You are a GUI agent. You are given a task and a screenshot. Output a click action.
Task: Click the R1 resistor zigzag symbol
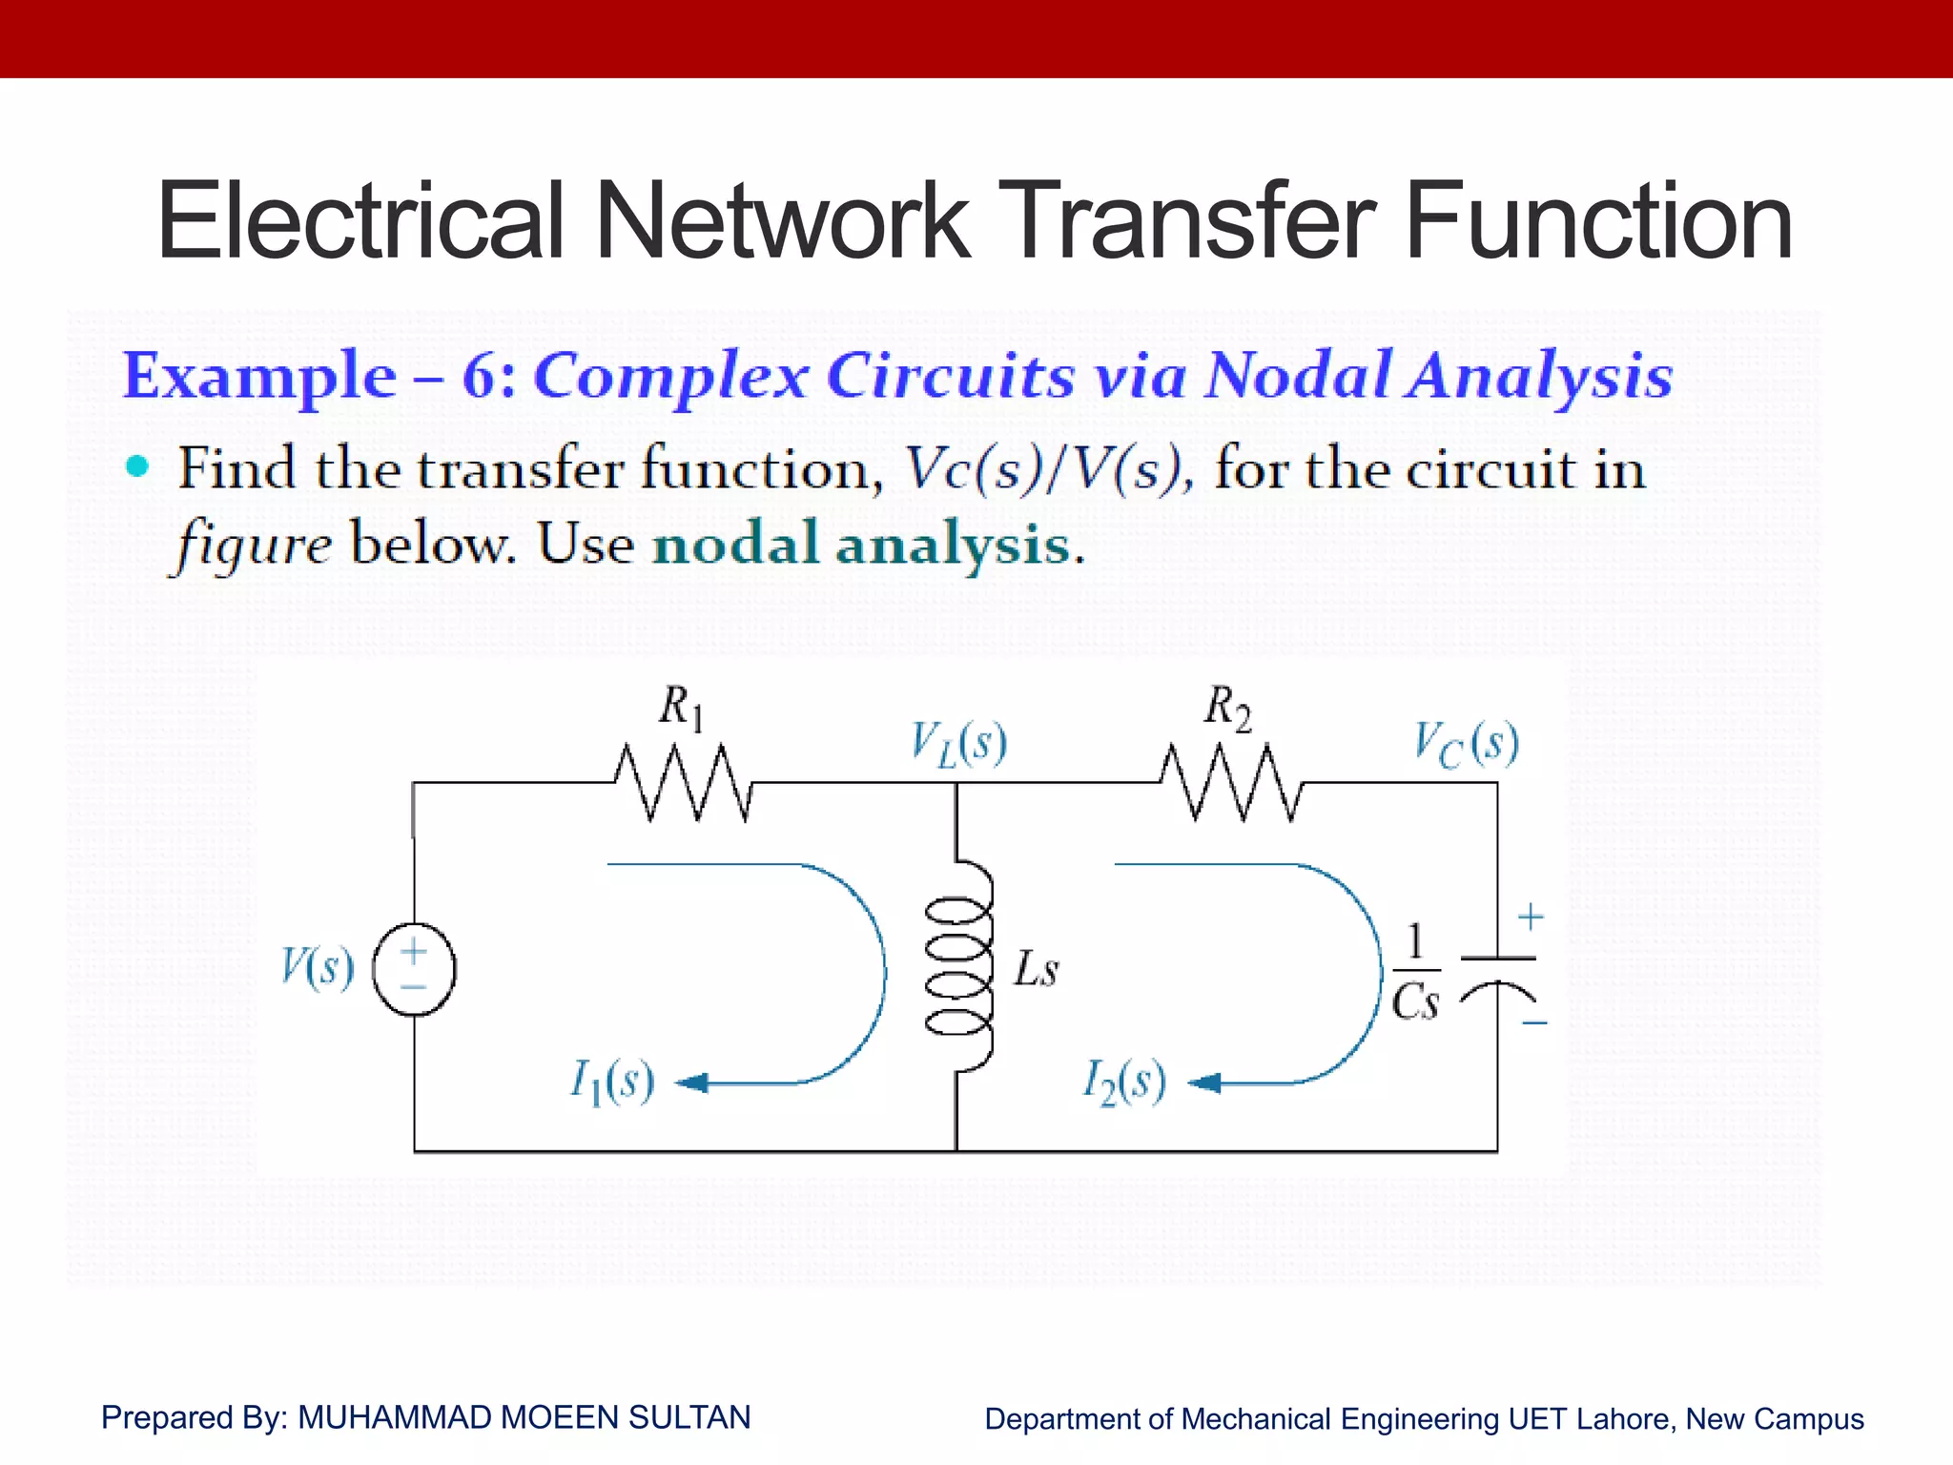tap(683, 782)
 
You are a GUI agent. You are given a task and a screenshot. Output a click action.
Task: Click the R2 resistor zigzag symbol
tap(1230, 782)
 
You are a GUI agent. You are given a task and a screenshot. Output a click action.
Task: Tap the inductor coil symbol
tap(958, 965)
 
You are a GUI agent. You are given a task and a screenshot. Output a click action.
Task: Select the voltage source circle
tap(414, 969)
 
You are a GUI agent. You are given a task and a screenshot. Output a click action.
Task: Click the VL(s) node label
tap(958, 744)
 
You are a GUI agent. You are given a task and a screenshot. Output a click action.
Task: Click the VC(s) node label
tap(1466, 744)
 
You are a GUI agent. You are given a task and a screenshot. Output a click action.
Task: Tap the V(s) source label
tap(318, 966)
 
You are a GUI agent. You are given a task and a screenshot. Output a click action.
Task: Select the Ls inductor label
tap(1036, 969)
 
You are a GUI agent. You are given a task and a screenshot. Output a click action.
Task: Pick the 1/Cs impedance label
tap(1415, 972)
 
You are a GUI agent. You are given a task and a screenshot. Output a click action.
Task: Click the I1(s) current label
tap(612, 1082)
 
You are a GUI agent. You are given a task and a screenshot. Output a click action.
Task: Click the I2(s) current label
tap(1124, 1082)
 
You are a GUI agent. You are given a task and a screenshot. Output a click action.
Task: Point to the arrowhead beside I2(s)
tap(1204, 1083)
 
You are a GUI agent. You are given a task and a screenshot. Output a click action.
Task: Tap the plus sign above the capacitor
tap(1531, 917)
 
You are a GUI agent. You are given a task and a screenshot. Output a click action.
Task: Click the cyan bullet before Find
tap(138, 466)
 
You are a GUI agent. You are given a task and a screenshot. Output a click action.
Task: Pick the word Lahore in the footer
tap(1625, 1418)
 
